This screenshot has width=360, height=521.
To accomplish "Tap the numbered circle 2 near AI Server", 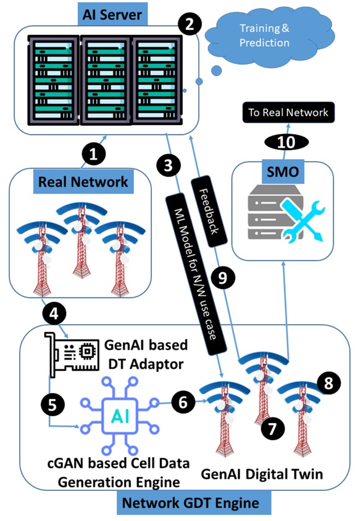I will click(189, 24).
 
